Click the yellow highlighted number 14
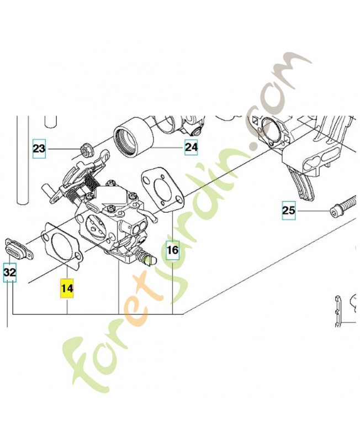tap(67, 288)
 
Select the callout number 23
tap(39, 148)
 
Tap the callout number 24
tap(191, 147)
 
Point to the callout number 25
tap(289, 211)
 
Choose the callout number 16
tap(172, 250)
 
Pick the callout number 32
tap(9, 272)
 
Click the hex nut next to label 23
tap(85, 149)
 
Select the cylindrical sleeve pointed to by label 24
tap(133, 136)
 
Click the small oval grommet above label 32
tap(19, 249)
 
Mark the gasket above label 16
tap(162, 190)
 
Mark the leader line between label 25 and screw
tap(313, 211)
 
